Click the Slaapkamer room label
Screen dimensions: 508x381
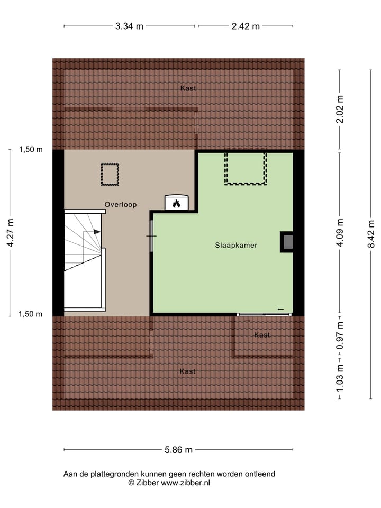tap(236, 246)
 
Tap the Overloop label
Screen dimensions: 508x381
tap(120, 204)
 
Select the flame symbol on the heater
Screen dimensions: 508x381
tap(176, 203)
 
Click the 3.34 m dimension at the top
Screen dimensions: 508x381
tap(129, 26)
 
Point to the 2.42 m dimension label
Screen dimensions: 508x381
tap(246, 26)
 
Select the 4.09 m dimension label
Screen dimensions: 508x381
tap(340, 233)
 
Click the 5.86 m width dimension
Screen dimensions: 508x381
tap(178, 450)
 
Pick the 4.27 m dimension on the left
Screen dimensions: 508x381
tap(11, 233)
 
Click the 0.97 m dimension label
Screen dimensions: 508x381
tap(340, 335)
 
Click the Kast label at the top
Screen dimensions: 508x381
tap(188, 88)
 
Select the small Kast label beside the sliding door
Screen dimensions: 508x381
tap(262, 335)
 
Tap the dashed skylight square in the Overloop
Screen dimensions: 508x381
tap(110, 175)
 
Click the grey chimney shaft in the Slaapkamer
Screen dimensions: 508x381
tap(288, 242)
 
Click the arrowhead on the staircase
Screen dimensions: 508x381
tap(97, 232)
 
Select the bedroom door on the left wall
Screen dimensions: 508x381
tap(151, 235)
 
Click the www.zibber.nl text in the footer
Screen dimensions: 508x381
tap(185, 483)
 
